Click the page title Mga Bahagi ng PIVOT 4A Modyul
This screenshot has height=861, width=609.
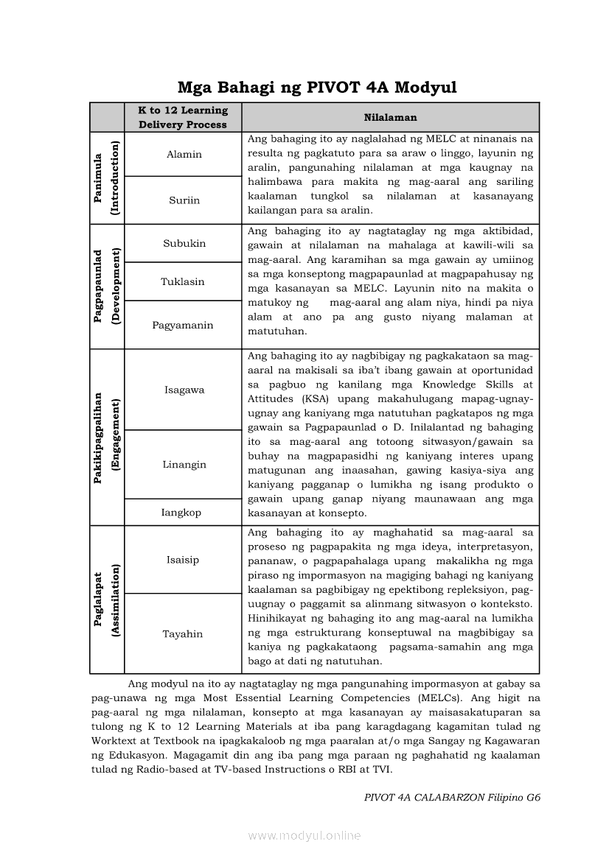tap(317, 88)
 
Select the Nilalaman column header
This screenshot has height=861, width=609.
tap(390, 117)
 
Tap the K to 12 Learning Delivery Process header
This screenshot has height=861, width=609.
tap(183, 117)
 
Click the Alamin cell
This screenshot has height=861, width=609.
tap(184, 155)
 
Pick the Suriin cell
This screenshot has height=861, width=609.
tap(184, 200)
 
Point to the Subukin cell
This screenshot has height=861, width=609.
tap(184, 244)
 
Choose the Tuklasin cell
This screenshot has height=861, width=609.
tap(183, 282)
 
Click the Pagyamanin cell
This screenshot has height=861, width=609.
tap(183, 326)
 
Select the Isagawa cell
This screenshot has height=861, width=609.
tap(184, 390)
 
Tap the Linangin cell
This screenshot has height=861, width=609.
tap(184, 465)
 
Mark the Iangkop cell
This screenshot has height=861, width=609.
tap(181, 513)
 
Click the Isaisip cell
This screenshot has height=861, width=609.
tap(182, 560)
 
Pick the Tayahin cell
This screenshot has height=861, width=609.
tap(183, 634)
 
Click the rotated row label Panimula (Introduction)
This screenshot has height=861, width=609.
tap(107, 178)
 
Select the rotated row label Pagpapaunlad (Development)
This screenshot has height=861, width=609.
tap(107, 287)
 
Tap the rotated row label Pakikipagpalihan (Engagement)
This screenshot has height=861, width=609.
tap(107, 437)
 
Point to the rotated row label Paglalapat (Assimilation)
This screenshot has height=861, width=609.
tap(107, 600)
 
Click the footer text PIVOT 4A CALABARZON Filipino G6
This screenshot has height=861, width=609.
tap(452, 798)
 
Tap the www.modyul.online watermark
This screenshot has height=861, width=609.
tap(304, 835)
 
